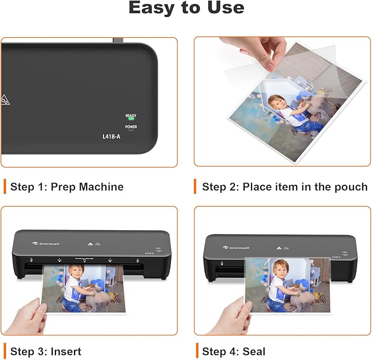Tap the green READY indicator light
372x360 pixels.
(x=131, y=120)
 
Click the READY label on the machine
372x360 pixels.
(x=131, y=116)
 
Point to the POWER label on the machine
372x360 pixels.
(x=131, y=127)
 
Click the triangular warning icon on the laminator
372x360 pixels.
(x=5, y=99)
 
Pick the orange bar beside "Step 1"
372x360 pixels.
(x=4, y=186)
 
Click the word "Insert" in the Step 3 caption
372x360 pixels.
(x=66, y=351)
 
